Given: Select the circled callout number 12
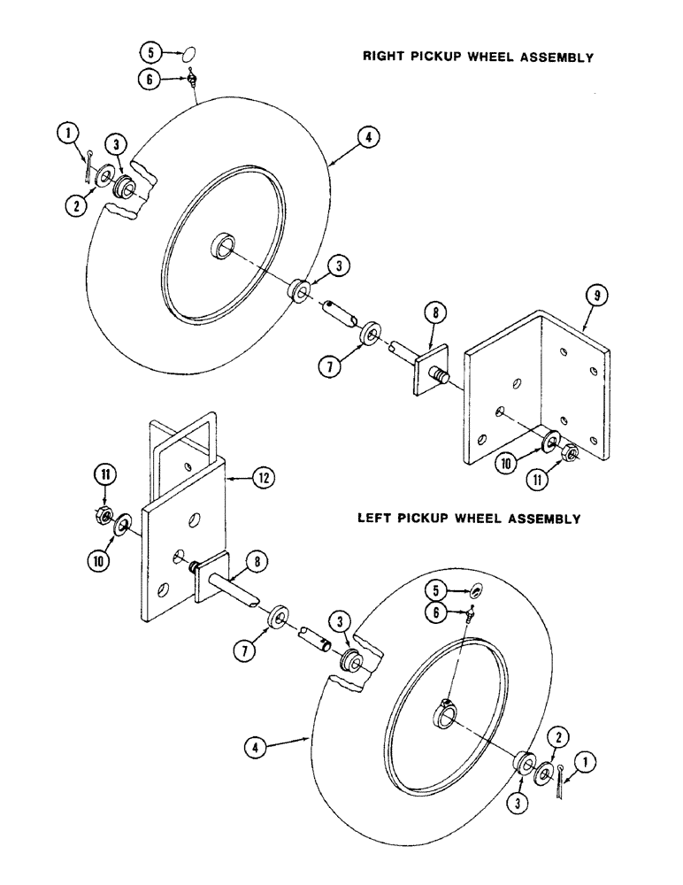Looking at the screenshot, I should point(262,479).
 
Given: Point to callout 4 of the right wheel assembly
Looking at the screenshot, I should point(369,137).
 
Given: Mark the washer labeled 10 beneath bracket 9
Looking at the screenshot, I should point(550,440).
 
